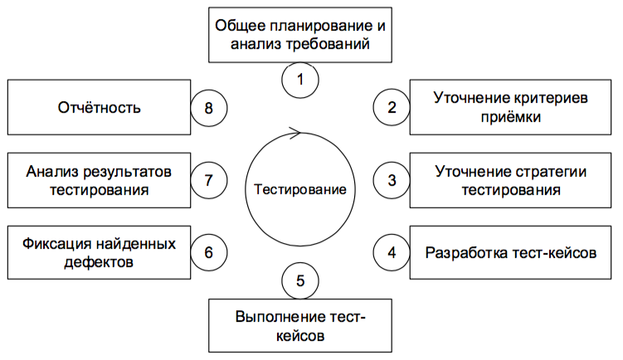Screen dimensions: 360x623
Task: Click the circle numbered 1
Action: coord(299,80)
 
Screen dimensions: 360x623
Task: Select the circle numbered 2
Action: coord(391,107)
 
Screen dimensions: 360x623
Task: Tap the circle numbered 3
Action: coord(391,178)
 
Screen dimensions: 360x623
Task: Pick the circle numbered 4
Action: coord(391,251)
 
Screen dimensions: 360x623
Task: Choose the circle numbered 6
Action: coord(209,251)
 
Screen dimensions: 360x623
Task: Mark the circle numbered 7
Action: coord(209,178)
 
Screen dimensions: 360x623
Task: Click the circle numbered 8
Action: coord(209,107)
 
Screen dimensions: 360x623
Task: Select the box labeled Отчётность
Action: coord(99,107)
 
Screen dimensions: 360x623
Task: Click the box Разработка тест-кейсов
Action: coord(510,251)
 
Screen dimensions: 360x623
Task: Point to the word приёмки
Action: coord(513,117)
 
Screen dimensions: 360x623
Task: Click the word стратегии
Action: coord(544,172)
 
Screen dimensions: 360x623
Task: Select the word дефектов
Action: coord(99,262)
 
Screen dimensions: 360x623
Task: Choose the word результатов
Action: coord(128,172)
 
